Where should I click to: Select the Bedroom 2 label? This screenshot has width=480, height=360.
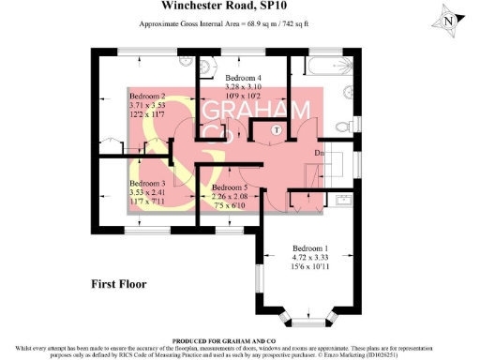click(147, 97)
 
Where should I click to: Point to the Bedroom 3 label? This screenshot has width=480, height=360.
click(147, 183)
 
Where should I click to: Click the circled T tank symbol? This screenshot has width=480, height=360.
click(277, 130)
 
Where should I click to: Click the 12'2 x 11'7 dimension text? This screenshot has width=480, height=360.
click(147, 115)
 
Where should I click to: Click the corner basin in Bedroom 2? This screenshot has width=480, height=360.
click(187, 66)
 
